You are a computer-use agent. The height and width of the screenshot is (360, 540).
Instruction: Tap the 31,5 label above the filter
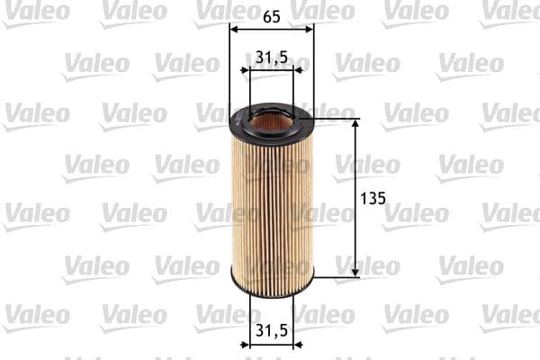tap(271, 58)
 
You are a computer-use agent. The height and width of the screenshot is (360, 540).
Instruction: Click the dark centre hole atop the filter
tap(271, 120)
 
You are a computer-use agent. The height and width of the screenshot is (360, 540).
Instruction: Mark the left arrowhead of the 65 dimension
tap(234, 29)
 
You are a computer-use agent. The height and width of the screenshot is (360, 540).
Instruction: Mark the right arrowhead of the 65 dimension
tap(309, 29)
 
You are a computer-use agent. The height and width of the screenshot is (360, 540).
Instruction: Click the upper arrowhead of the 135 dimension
tap(355, 123)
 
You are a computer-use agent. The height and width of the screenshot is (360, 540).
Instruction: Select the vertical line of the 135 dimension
tap(355, 225)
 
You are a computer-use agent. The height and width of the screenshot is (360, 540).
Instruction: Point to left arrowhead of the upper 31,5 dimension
tap(246, 70)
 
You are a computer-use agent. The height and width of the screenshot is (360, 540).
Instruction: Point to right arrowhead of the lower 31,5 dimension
tap(298, 343)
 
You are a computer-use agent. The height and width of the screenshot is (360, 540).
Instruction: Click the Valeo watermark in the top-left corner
tap(36, 12)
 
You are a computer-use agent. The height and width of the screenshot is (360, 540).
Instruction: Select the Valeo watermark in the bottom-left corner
tap(36, 317)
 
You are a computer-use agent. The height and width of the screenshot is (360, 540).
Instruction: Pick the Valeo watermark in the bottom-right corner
tap(511, 317)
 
